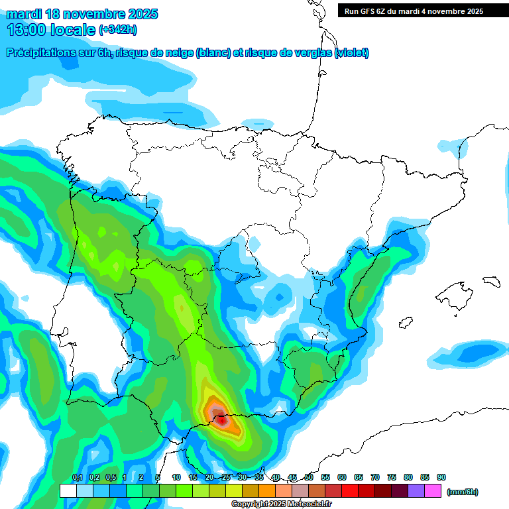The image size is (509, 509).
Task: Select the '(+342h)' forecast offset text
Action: [x=117, y=30]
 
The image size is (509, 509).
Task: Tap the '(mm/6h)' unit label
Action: [x=462, y=492]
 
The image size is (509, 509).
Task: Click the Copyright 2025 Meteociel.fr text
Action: [x=282, y=504]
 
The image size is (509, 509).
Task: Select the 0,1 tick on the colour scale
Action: [x=77, y=478]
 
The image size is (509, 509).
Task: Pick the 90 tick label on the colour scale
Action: [x=441, y=478]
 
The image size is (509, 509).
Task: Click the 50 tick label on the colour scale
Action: [x=309, y=478]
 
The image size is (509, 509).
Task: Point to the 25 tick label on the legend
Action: [x=226, y=478]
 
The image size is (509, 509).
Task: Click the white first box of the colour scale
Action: [x=68, y=490]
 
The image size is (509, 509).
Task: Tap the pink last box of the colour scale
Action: [x=433, y=490]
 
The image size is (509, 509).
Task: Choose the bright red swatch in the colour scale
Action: [x=350, y=490]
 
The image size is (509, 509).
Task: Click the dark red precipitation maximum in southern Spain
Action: [x=220, y=418]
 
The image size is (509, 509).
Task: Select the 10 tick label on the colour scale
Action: [x=176, y=478]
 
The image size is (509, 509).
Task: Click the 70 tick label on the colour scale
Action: [x=375, y=478]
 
